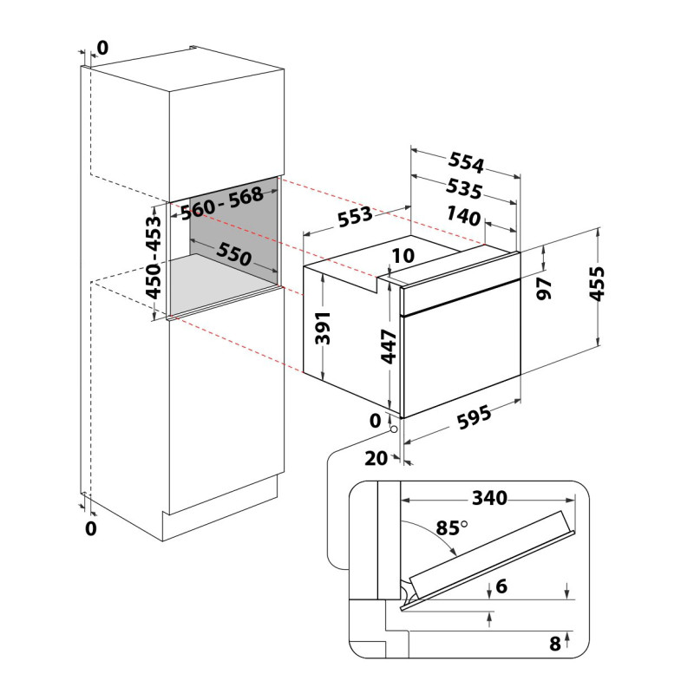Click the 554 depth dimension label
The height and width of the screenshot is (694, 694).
tap(466, 162)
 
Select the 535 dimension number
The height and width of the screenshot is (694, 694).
tap(464, 188)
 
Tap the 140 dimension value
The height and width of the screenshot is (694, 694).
tap(463, 215)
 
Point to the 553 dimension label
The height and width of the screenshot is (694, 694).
tap(355, 216)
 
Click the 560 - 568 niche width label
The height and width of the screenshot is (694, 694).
tap(222, 203)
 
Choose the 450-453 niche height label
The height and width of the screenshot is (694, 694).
tap(154, 258)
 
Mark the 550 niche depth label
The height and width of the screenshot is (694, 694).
tap(234, 254)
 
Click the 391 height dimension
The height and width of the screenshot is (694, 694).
tap(323, 328)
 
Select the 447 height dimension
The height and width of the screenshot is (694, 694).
tap(389, 346)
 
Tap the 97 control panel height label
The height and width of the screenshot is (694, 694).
tap(544, 289)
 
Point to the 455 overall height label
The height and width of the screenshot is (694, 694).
tap(597, 284)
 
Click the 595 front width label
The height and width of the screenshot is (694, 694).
tap(474, 417)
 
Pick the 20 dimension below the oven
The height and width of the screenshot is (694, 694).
tap(376, 459)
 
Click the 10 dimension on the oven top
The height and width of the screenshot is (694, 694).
tap(403, 255)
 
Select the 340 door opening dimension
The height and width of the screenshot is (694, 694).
tap(489, 498)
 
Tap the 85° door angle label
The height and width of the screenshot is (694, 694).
tap(451, 527)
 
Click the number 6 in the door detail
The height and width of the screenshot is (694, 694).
tap(501, 586)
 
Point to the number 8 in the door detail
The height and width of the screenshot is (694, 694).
tap(555, 644)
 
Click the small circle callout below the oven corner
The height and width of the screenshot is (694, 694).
tap(394, 429)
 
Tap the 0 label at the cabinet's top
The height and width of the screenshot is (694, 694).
tap(102, 48)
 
